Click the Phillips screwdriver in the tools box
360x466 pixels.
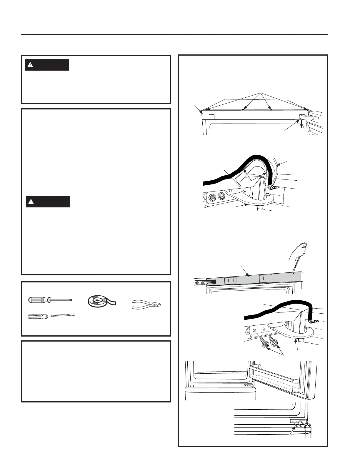point(50,300)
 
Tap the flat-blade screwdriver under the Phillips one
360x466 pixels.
point(51,317)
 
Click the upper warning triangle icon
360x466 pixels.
point(30,65)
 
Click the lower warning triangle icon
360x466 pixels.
point(30,202)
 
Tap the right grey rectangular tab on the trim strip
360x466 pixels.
point(266,278)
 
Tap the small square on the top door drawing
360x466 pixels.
point(211,117)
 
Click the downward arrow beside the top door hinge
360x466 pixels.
point(301,125)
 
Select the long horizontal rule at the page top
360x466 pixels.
point(175,35)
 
